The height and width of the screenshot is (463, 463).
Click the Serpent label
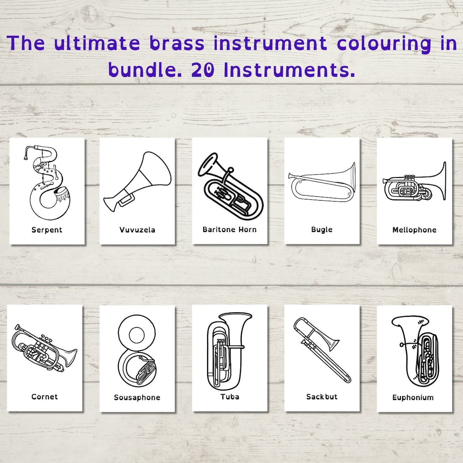(47, 230)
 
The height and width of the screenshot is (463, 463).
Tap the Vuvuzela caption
(137, 230)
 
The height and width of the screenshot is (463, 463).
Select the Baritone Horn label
(229, 229)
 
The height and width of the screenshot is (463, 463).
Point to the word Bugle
(322, 229)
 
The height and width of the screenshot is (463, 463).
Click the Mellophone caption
(414, 230)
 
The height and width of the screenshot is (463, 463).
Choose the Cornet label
(45, 397)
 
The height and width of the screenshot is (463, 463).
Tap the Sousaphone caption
(137, 397)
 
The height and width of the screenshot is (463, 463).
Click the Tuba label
(230, 397)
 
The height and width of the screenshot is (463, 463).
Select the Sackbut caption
(322, 397)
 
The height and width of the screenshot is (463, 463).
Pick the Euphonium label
(413, 397)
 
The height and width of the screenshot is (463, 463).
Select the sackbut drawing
(322, 347)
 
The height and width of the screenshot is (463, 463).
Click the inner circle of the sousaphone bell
(137, 335)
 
